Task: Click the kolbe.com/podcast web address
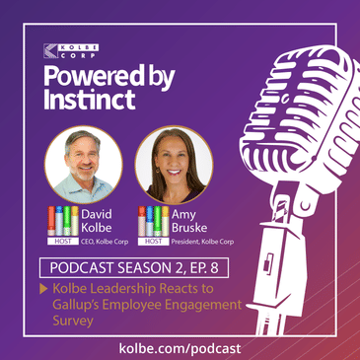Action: pos(180,348)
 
